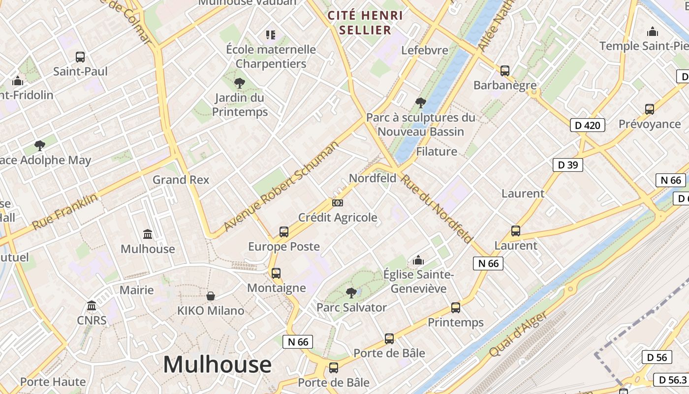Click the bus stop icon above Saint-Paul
80,57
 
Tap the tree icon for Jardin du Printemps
240,83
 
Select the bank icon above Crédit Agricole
338,202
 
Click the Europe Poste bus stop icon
284,231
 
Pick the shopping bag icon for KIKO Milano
211,295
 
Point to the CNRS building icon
92,306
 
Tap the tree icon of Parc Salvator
351,293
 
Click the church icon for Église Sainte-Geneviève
418,260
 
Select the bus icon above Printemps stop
456,308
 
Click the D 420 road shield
588,125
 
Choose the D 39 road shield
568,165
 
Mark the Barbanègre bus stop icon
505,70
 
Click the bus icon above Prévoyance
650,109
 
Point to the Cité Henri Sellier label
366,23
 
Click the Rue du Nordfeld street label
437,208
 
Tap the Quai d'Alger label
518,334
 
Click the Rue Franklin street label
65,212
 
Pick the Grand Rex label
181,180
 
